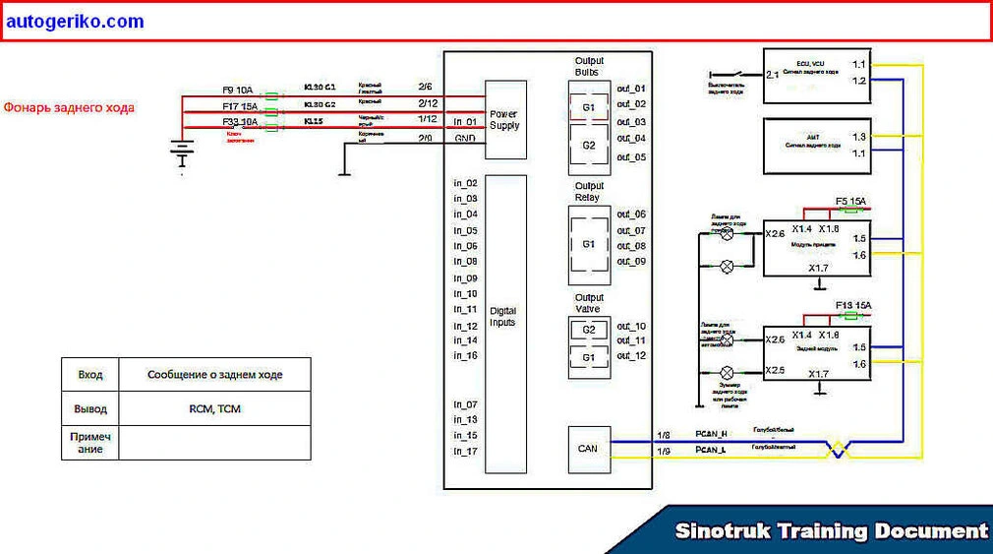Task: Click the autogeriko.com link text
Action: point(74,22)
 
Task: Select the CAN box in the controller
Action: point(588,449)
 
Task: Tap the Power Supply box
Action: point(505,120)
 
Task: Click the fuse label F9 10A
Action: point(238,91)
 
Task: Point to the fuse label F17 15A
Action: point(239,106)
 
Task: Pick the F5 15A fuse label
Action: point(852,202)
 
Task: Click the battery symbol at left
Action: point(181,152)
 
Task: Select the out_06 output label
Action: point(631,214)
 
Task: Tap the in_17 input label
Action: point(466,451)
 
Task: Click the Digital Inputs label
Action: point(502,317)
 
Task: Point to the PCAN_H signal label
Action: point(711,434)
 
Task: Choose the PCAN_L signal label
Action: point(711,450)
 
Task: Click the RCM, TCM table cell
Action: point(214,408)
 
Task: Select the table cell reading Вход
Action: point(89,375)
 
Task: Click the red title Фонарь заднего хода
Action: point(69,107)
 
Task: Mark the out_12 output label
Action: point(631,355)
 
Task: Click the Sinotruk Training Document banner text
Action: point(831,531)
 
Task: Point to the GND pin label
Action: point(465,139)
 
